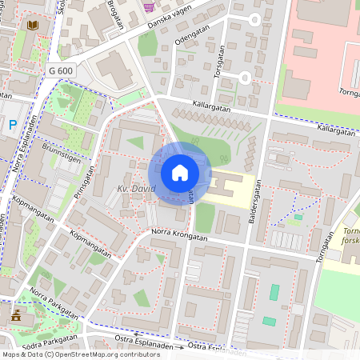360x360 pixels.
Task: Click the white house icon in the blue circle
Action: tap(180, 173)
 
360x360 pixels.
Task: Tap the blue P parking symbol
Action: tap(13, 124)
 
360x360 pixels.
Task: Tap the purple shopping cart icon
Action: tap(148, 6)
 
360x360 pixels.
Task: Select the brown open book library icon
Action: tap(32, 27)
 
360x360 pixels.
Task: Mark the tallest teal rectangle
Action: tap(274, 292)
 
